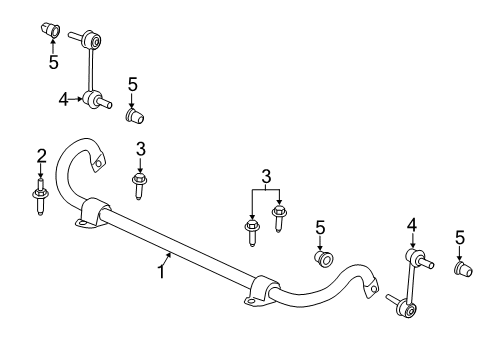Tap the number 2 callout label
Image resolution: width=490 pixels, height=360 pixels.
click(x=41, y=155)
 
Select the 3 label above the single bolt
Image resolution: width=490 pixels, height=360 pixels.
click(x=141, y=149)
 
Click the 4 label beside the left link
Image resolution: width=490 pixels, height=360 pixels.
click(x=63, y=99)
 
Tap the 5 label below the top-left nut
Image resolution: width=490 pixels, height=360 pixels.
click(x=53, y=61)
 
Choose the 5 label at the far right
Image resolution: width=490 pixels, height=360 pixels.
click(x=460, y=237)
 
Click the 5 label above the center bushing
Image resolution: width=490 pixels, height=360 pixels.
click(x=320, y=227)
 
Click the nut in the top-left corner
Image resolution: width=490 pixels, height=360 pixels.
click(x=51, y=28)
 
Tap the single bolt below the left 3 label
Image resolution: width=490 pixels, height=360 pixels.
click(x=140, y=184)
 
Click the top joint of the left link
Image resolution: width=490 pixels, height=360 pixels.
click(x=93, y=41)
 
